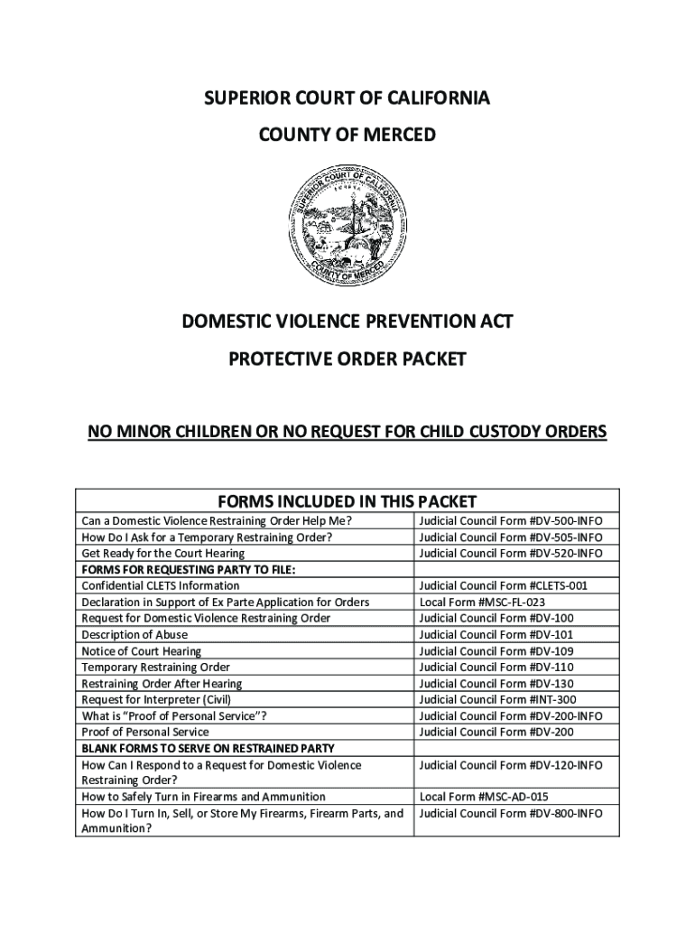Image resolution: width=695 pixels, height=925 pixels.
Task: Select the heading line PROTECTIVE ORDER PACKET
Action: tap(347, 360)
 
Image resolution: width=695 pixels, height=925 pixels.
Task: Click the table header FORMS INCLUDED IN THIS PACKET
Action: tap(347, 502)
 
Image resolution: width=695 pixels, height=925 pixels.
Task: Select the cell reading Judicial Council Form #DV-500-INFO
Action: tap(511, 521)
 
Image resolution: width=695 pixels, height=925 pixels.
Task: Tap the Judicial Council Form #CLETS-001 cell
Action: tap(504, 585)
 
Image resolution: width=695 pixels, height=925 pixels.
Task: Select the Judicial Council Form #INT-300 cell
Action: tap(497, 699)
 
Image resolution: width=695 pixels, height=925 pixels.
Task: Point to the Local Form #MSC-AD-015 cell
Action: tap(484, 797)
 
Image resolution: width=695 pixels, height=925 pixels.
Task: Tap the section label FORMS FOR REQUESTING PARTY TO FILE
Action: tap(189, 569)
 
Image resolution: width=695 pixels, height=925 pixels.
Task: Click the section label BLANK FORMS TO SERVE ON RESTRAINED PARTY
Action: tap(208, 748)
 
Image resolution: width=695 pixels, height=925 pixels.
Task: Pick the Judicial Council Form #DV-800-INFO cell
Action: tap(511, 813)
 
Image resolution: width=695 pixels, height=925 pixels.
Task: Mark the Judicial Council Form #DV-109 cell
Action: tap(496, 650)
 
